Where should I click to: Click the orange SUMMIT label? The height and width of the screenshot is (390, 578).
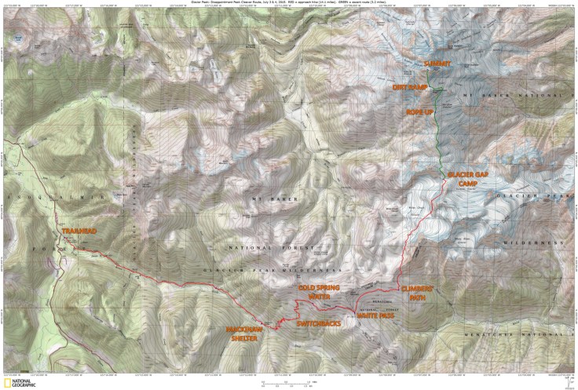[x=437, y=63]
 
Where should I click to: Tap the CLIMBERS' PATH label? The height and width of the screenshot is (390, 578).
[x=416, y=293]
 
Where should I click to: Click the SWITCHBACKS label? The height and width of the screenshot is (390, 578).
[x=317, y=323]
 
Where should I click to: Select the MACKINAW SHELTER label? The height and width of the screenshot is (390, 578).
[x=243, y=334]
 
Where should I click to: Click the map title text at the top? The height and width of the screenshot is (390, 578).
[x=288, y=3]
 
